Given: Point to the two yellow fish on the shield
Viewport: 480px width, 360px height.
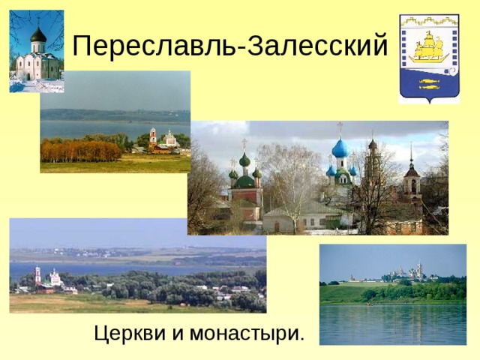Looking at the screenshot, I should point(428,83).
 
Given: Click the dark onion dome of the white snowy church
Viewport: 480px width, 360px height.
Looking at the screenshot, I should point(37,35).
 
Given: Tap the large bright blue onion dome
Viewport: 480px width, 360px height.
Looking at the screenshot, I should point(340,148).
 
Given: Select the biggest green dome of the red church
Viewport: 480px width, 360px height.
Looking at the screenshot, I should point(244,160).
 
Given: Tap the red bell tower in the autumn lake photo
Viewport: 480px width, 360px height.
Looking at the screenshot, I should point(153,136).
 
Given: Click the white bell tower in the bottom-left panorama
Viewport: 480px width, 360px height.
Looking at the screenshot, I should point(37,274).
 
